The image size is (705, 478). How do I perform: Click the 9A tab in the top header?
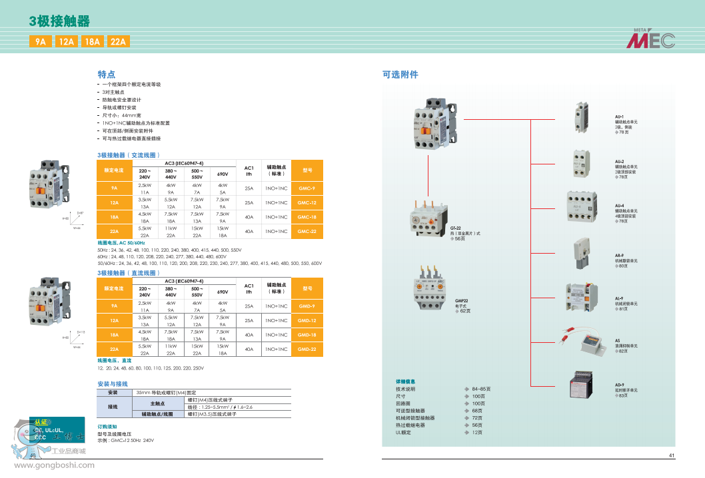point(41,42)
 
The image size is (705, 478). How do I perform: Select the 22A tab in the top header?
point(118,42)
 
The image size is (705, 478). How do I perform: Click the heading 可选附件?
point(400,75)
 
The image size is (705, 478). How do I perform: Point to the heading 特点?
point(107,75)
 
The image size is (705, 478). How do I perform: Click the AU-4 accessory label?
point(619,206)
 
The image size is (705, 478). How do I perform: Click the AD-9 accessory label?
point(619,385)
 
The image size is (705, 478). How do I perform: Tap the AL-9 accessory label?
point(619,298)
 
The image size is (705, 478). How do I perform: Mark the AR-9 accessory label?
point(619,255)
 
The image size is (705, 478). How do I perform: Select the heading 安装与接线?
point(113,384)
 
